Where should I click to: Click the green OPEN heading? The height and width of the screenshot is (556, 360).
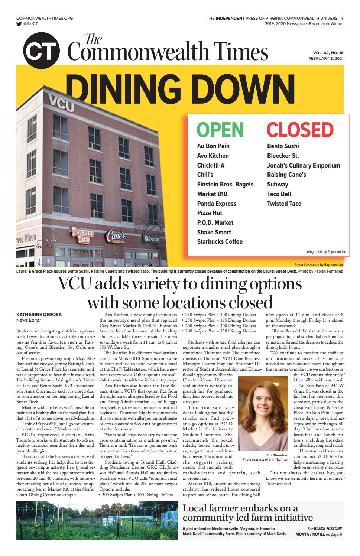[x=220, y=130]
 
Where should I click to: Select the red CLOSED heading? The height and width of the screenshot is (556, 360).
[x=300, y=130]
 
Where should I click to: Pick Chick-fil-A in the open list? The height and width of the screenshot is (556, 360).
[x=211, y=165]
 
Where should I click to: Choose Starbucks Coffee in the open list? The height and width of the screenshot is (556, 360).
[x=220, y=241]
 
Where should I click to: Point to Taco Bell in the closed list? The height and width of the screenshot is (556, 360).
[x=279, y=194]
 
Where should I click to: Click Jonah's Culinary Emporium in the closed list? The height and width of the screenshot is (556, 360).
[x=303, y=165]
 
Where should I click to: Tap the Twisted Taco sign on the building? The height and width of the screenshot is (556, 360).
[x=83, y=235]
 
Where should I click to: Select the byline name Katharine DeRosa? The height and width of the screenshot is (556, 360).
[x=39, y=315]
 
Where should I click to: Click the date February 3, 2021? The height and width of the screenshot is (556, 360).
[x=326, y=59]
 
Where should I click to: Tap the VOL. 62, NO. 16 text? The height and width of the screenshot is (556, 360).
[x=326, y=53]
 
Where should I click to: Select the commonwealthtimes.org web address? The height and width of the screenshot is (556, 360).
[x=45, y=18]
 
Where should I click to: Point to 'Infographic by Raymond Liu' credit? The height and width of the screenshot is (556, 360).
[x=326, y=252]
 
